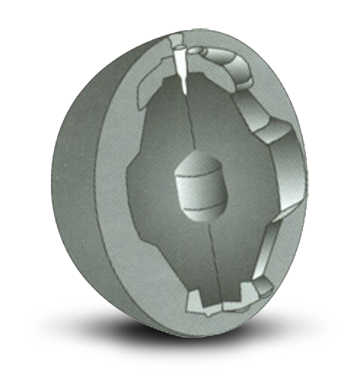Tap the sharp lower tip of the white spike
point(184,91)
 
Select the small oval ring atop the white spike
point(178,47)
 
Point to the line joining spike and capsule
point(190,127)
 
